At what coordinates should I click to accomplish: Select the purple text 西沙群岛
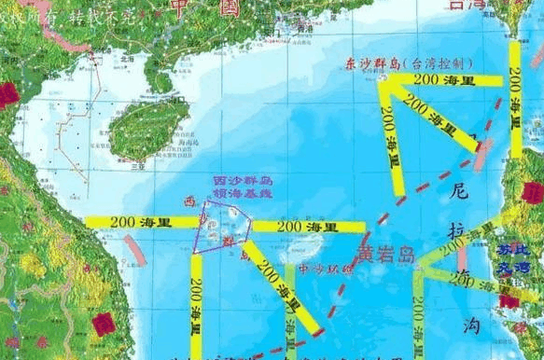point(241,179)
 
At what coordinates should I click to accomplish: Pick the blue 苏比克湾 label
point(516,256)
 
